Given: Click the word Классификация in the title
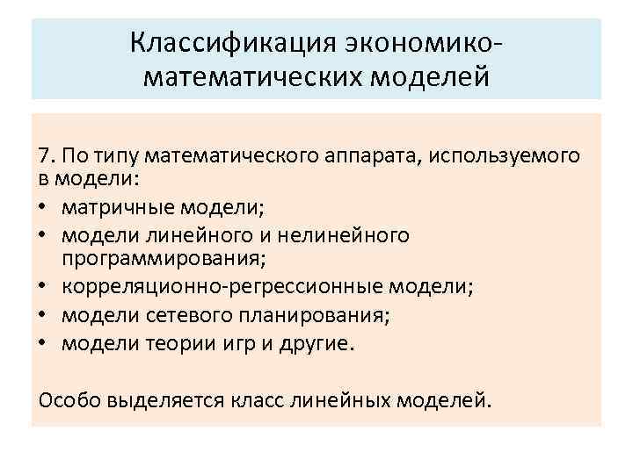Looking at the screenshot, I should tap(229, 42).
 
